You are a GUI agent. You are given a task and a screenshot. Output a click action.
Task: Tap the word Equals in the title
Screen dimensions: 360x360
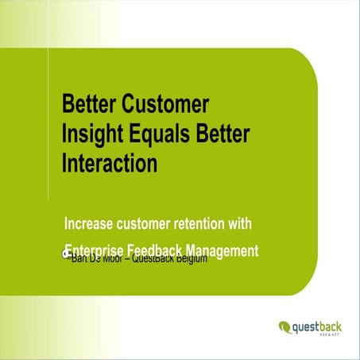click(153, 134)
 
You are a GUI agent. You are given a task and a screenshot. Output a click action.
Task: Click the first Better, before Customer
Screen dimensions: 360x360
click(90, 104)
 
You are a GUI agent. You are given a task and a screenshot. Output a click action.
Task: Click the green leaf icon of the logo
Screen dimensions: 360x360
click(285, 326)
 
